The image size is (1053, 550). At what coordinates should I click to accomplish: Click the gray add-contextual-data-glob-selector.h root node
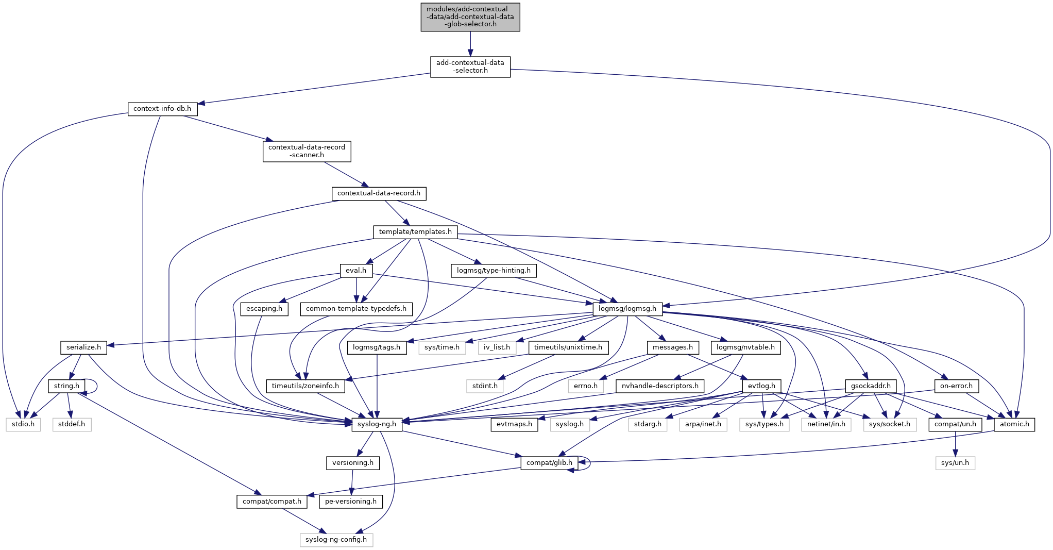(x=470, y=17)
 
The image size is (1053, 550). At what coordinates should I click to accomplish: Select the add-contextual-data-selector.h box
(x=470, y=66)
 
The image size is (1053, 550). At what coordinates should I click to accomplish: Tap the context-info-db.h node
(x=162, y=109)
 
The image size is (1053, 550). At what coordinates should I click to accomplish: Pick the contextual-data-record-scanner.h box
(x=307, y=151)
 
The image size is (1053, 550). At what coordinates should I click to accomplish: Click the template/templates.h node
(x=415, y=232)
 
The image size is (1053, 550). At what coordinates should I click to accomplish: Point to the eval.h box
(x=356, y=271)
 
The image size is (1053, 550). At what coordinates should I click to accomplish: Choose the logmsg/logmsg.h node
(x=627, y=309)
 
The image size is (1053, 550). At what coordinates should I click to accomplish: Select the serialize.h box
(x=83, y=347)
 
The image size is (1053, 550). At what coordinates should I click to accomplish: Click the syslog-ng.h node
(x=377, y=424)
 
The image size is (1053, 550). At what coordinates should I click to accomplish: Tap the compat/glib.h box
(x=549, y=463)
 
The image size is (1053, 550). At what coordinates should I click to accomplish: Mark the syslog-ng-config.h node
(x=336, y=540)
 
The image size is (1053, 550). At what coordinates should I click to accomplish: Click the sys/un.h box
(x=955, y=463)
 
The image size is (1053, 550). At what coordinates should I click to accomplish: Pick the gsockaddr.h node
(x=871, y=386)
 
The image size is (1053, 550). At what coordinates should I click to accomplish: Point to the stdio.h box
(x=23, y=424)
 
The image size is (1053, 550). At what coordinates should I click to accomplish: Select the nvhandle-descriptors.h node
(x=660, y=386)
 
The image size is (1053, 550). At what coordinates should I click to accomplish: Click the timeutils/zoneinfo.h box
(x=305, y=386)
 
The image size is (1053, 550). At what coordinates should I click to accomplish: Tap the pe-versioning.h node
(x=350, y=502)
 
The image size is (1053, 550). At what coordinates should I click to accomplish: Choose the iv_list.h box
(x=497, y=347)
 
